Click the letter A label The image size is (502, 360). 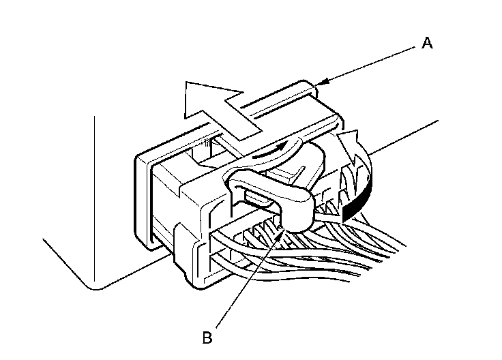[x=427, y=43]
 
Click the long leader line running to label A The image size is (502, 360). [x=368, y=65]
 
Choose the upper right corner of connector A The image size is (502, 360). [x=313, y=85]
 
